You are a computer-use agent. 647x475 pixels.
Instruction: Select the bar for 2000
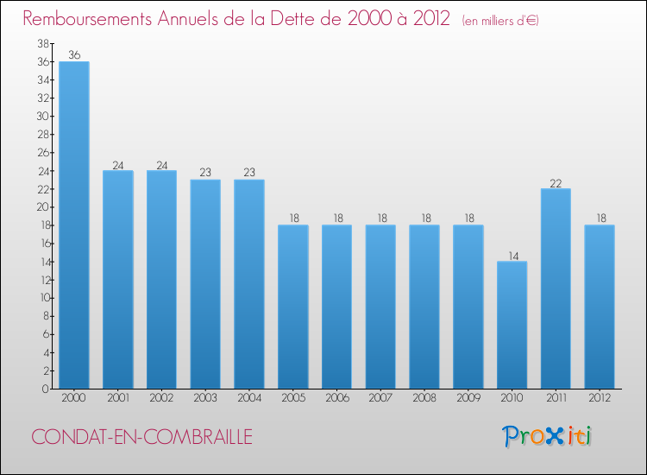click(74, 225)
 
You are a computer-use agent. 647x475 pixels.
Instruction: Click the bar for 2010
click(512, 325)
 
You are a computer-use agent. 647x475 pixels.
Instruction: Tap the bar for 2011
click(556, 288)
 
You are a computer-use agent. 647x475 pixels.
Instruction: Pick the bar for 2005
click(293, 307)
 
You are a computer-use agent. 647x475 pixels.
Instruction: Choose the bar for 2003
click(205, 284)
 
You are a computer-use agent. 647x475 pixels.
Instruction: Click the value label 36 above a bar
click(74, 55)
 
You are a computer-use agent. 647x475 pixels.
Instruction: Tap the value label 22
click(556, 182)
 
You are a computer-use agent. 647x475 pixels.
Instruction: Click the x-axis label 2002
click(161, 399)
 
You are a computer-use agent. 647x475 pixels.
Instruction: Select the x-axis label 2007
click(380, 399)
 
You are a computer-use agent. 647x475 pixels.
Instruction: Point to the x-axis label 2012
click(600, 399)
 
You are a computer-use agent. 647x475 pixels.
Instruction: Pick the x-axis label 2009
click(468, 399)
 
